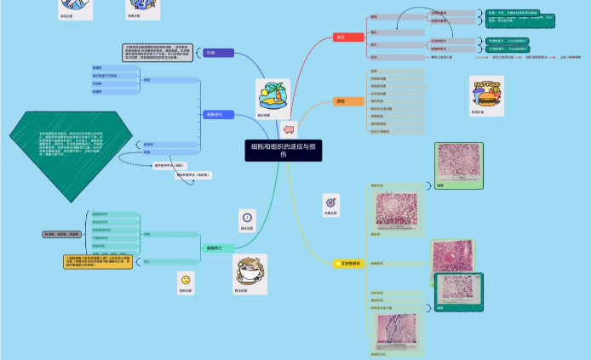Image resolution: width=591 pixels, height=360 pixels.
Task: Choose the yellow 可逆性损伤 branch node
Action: coord(349,264)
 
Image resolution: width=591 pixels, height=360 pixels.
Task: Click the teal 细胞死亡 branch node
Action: coord(215,248)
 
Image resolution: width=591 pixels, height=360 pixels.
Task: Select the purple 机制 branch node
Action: coord(218,53)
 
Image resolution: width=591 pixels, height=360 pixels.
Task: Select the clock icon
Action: coord(247,217)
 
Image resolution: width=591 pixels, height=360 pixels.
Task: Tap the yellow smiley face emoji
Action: coord(185,280)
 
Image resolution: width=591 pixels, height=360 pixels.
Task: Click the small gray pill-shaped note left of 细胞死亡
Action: coord(62,233)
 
